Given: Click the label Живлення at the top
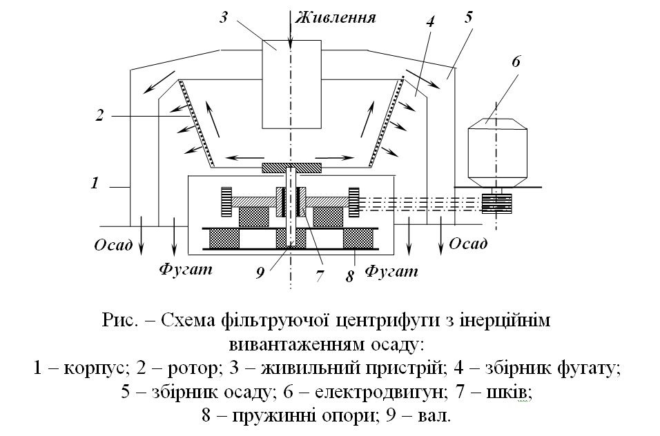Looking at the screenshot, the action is (335, 17).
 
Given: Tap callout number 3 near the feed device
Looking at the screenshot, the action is (224, 18).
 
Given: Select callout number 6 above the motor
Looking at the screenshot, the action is (516, 61).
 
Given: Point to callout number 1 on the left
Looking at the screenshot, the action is (95, 183).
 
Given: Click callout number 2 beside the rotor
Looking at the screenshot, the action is (99, 115).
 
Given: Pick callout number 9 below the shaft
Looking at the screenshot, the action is (260, 272).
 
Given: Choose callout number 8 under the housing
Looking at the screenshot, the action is (349, 276).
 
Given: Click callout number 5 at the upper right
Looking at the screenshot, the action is (469, 18).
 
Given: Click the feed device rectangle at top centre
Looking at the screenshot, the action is (292, 84).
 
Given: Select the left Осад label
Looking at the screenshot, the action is (113, 245).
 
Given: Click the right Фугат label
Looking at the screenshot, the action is (391, 270).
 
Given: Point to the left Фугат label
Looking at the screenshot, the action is (186, 268).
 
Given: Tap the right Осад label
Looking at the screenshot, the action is (468, 244).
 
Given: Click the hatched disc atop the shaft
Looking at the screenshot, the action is (292, 168).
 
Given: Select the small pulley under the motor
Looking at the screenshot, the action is (496, 204).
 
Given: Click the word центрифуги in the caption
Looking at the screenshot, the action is (387, 321).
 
